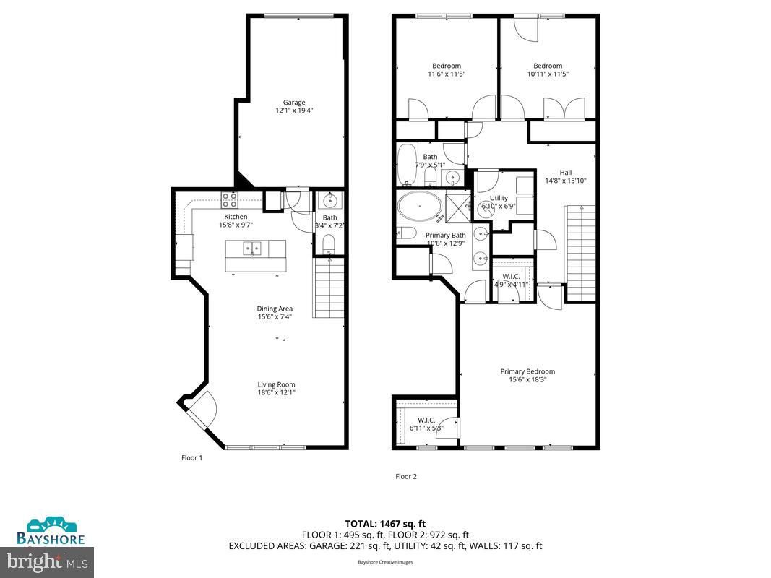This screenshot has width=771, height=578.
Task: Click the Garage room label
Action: coord(294,103)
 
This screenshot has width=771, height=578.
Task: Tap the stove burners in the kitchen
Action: coord(229,199)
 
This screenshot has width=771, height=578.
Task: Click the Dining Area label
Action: coord(275,309)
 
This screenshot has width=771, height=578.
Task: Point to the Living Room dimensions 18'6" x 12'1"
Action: coord(276,392)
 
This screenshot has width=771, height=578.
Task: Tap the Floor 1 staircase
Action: coord(327,289)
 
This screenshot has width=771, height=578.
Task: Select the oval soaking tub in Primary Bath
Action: coord(419,207)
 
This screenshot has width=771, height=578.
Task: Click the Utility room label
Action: coord(499,198)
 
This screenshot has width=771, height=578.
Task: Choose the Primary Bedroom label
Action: coord(527,371)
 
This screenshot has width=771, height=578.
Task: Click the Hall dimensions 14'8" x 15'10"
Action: coord(565,181)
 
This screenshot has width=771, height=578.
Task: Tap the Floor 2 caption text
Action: coord(405,476)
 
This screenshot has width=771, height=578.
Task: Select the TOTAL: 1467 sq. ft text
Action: coord(385,524)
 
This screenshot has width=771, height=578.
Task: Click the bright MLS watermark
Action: coord(47,560)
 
